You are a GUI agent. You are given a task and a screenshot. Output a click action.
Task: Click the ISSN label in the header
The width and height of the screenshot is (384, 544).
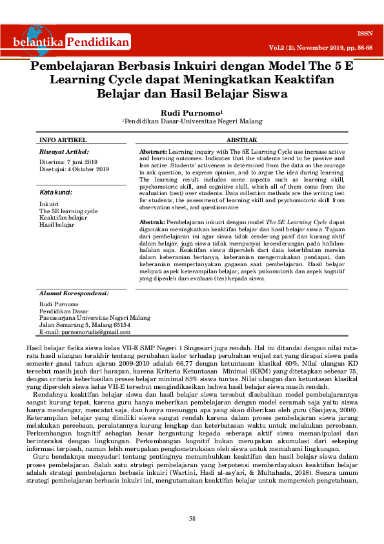(x=364, y=32)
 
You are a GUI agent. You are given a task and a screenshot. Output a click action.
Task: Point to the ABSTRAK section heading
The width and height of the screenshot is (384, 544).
(x=242, y=140)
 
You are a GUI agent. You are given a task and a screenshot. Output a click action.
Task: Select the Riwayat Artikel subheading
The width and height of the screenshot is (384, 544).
(x=63, y=151)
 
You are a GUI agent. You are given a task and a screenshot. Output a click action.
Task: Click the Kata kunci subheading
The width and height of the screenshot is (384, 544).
(x=56, y=193)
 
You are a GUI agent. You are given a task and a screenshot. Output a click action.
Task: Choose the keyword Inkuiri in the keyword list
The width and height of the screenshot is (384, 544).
(x=48, y=204)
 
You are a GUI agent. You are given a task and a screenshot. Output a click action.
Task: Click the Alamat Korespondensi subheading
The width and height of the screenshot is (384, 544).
(x=74, y=293)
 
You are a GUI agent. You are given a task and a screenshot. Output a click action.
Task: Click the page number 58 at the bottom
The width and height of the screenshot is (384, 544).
(x=192, y=519)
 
